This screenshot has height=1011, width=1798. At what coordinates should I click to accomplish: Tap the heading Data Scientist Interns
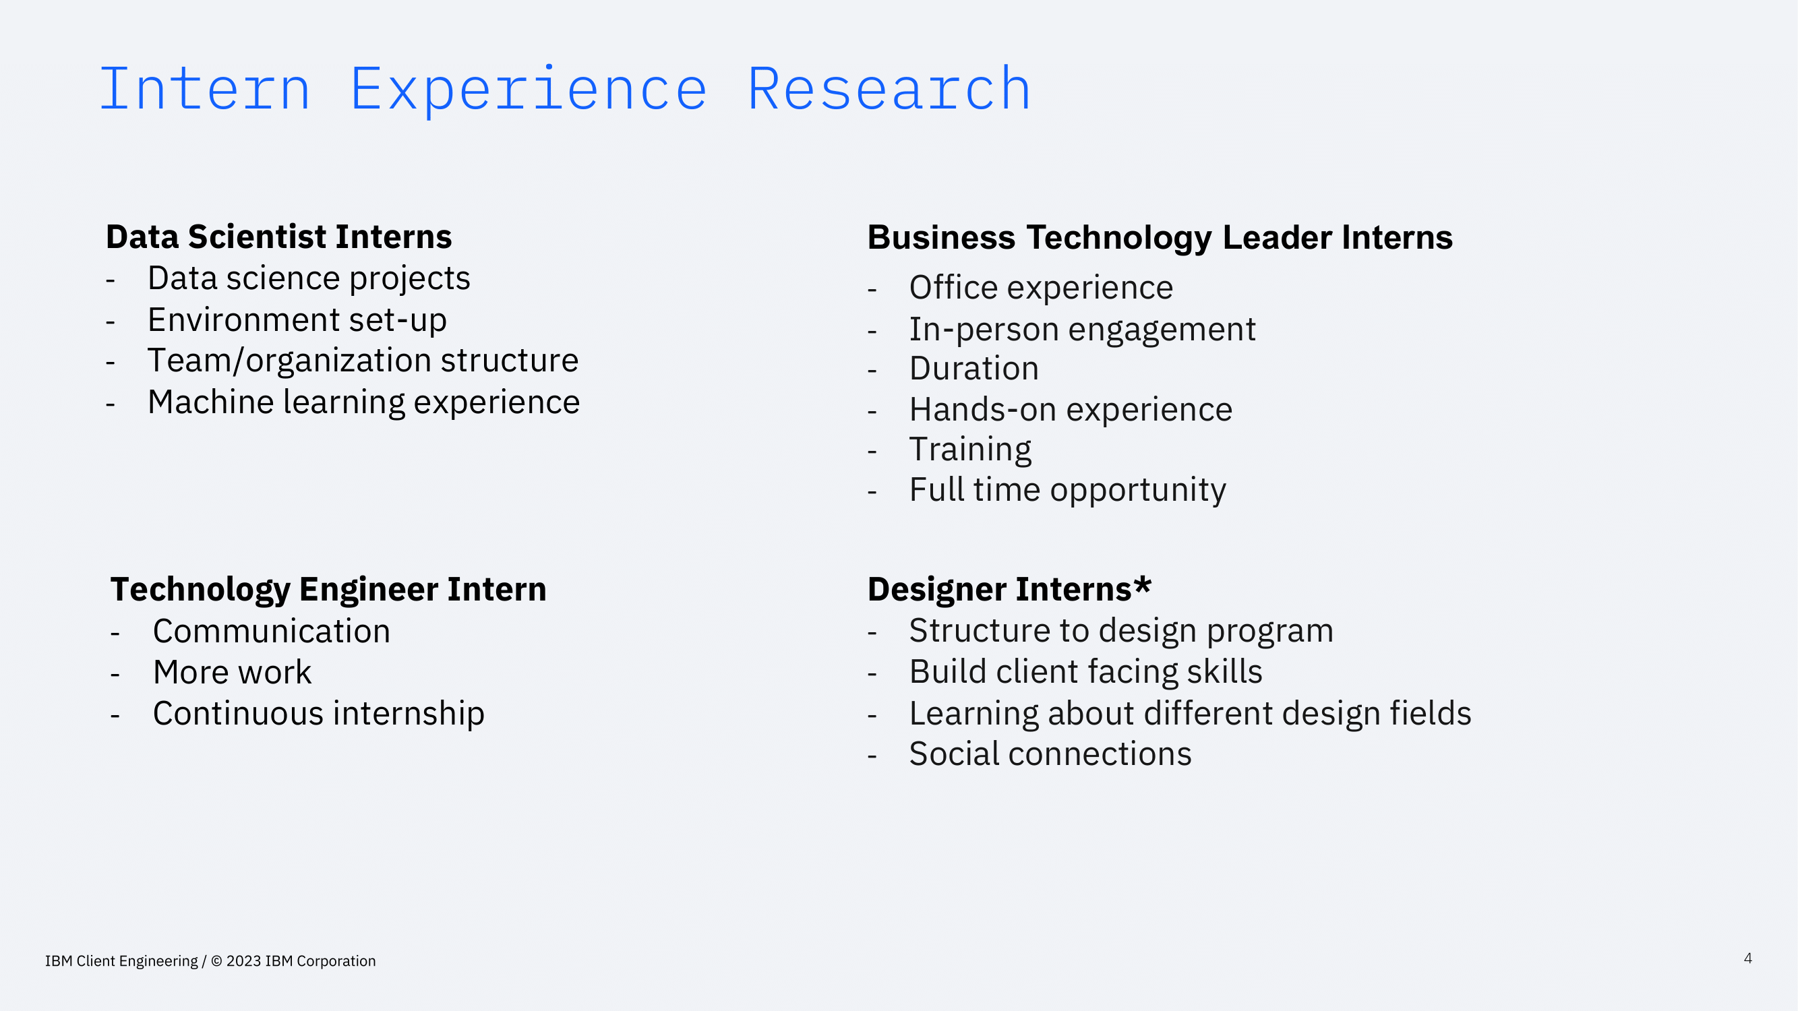click(278, 237)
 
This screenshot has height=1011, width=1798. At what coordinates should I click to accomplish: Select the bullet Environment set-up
click(297, 320)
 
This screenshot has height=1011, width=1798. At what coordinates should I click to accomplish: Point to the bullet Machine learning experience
click(363, 402)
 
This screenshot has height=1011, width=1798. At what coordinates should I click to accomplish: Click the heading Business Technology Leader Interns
click(1160, 237)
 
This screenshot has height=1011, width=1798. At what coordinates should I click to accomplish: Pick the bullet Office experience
click(1040, 288)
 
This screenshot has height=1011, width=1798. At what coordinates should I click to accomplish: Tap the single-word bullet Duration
click(973, 369)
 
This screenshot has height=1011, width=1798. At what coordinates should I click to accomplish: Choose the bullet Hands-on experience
click(1070, 410)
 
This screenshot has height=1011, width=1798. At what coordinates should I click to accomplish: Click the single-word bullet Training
click(969, 450)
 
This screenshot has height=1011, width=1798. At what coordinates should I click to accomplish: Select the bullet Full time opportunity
click(1067, 490)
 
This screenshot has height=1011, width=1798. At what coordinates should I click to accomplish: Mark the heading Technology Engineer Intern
click(328, 590)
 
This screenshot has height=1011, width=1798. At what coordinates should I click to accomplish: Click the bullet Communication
click(271, 632)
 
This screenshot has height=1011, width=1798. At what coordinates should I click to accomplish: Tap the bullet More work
click(232, 673)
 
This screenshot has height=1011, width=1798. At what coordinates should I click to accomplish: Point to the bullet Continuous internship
click(318, 714)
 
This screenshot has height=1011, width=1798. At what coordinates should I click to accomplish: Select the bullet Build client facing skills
click(1085, 672)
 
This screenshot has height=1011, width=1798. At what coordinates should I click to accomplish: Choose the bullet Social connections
click(1050, 754)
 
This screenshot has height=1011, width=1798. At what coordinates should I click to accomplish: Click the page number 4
click(1747, 958)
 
